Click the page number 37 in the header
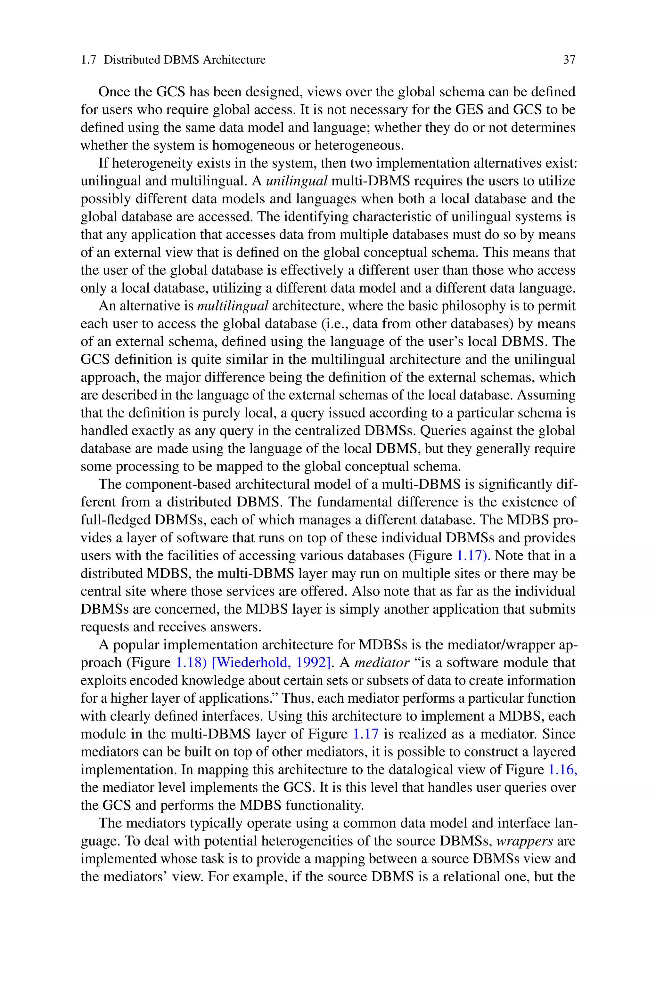pyautogui.click(x=569, y=60)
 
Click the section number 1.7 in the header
pyautogui.click(x=88, y=60)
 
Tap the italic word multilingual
pyautogui.click(x=232, y=306)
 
